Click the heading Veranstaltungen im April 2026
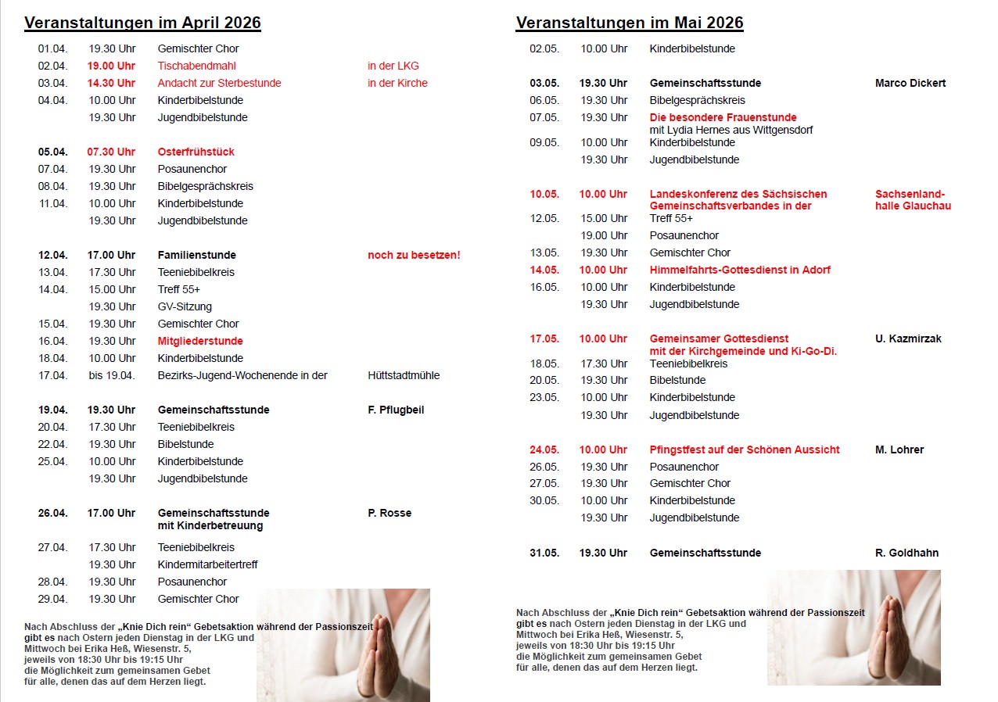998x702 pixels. point(142,23)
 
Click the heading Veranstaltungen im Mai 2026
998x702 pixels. point(629,23)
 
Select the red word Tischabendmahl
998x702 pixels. point(196,66)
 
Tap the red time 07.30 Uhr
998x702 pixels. point(111,152)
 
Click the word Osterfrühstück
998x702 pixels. point(196,152)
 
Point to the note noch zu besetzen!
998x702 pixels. point(414,255)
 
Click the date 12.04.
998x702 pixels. point(52,255)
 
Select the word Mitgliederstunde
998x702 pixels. point(200,341)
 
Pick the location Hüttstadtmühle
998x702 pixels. point(404,375)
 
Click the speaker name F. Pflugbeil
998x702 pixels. point(396,410)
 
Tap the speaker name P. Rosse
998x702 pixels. point(390,513)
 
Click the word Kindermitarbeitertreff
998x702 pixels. point(207,564)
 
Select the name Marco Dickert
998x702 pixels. point(910,83)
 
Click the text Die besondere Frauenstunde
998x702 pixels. point(723,117)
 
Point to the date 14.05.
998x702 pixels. point(544,270)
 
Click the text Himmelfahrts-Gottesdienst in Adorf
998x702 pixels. point(740,270)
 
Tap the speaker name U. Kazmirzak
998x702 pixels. point(908,338)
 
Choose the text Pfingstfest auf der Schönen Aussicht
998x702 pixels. point(745,449)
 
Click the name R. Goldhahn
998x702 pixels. point(906,553)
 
